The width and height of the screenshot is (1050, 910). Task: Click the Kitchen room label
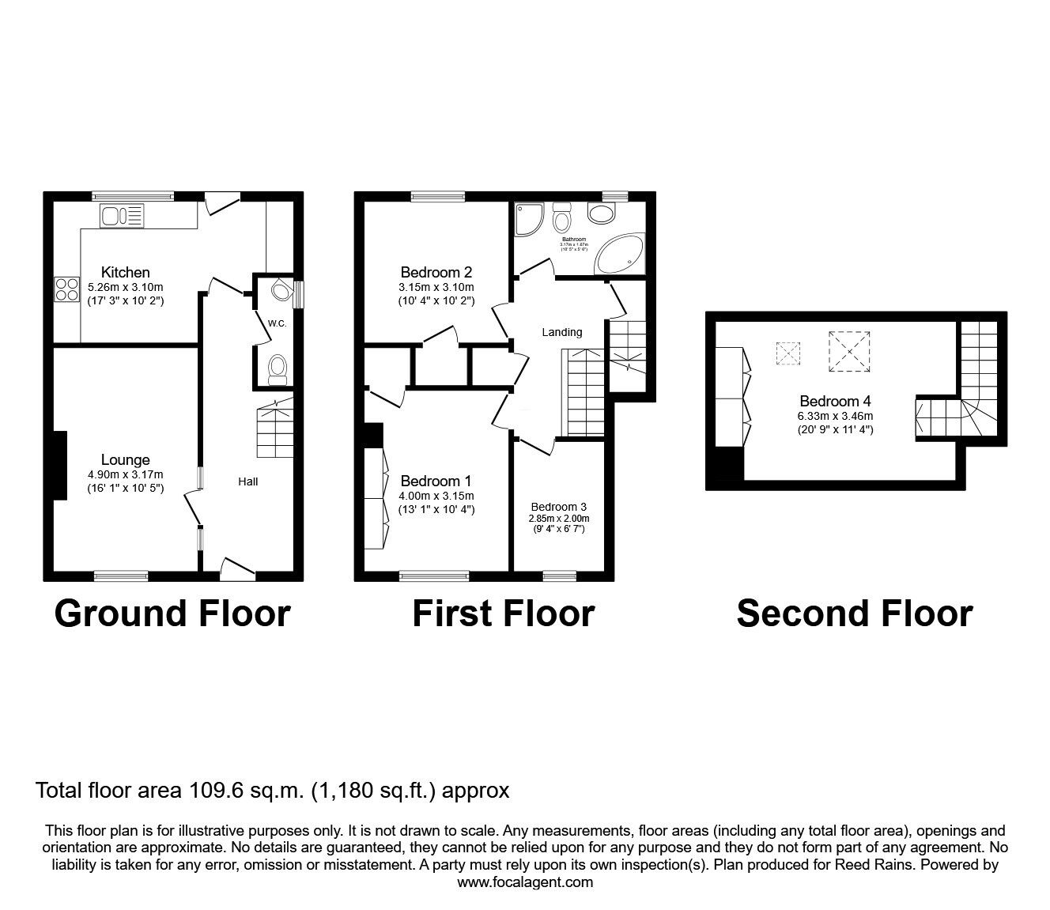point(125,273)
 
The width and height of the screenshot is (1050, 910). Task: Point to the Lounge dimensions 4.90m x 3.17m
point(125,474)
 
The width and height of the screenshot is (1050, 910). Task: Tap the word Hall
point(248,481)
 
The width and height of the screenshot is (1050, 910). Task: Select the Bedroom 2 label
point(436,273)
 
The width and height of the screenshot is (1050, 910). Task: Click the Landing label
point(561,332)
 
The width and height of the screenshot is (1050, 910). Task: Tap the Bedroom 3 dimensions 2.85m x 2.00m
point(559,519)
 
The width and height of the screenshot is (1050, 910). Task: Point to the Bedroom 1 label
point(436,481)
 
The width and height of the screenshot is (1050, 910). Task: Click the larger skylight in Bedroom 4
point(849,350)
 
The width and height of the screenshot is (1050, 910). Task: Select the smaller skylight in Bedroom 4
point(788,353)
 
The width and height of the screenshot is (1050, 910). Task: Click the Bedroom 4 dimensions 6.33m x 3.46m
point(836,416)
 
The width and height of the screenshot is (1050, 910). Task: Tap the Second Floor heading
point(854,614)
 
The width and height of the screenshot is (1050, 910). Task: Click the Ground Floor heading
point(172,614)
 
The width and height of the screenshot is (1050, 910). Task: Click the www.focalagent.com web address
point(525,882)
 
